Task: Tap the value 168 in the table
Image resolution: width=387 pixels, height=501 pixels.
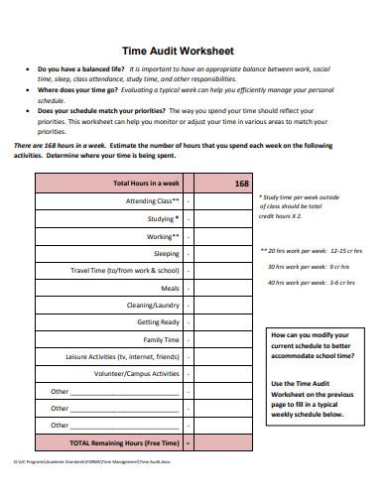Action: pos(242,185)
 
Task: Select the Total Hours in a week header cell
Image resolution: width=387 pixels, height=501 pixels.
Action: pos(146,185)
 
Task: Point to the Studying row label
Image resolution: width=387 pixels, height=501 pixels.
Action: pos(162,219)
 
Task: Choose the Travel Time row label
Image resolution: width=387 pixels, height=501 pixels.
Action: pos(125,271)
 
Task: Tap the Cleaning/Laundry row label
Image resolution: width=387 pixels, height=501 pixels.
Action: pos(152,306)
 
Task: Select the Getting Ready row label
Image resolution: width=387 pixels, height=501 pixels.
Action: pos(158,322)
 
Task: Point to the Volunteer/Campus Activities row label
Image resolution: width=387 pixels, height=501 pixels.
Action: pos(137,374)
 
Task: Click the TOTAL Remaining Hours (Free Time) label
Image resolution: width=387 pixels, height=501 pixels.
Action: pos(123,442)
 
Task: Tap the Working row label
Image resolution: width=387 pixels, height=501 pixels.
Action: pos(163,236)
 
